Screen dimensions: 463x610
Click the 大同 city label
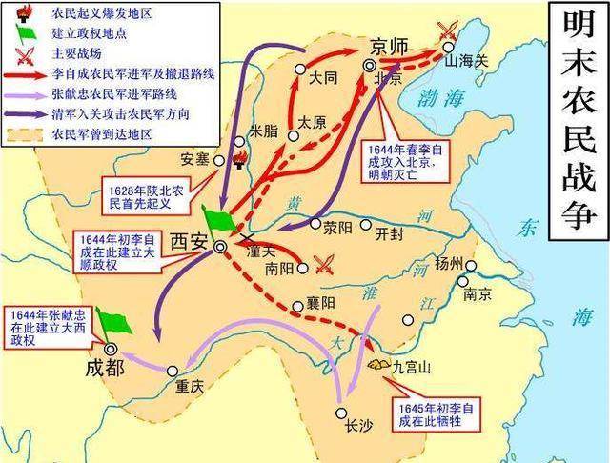324,82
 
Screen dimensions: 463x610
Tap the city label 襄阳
322,304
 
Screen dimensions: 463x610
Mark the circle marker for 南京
463,281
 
